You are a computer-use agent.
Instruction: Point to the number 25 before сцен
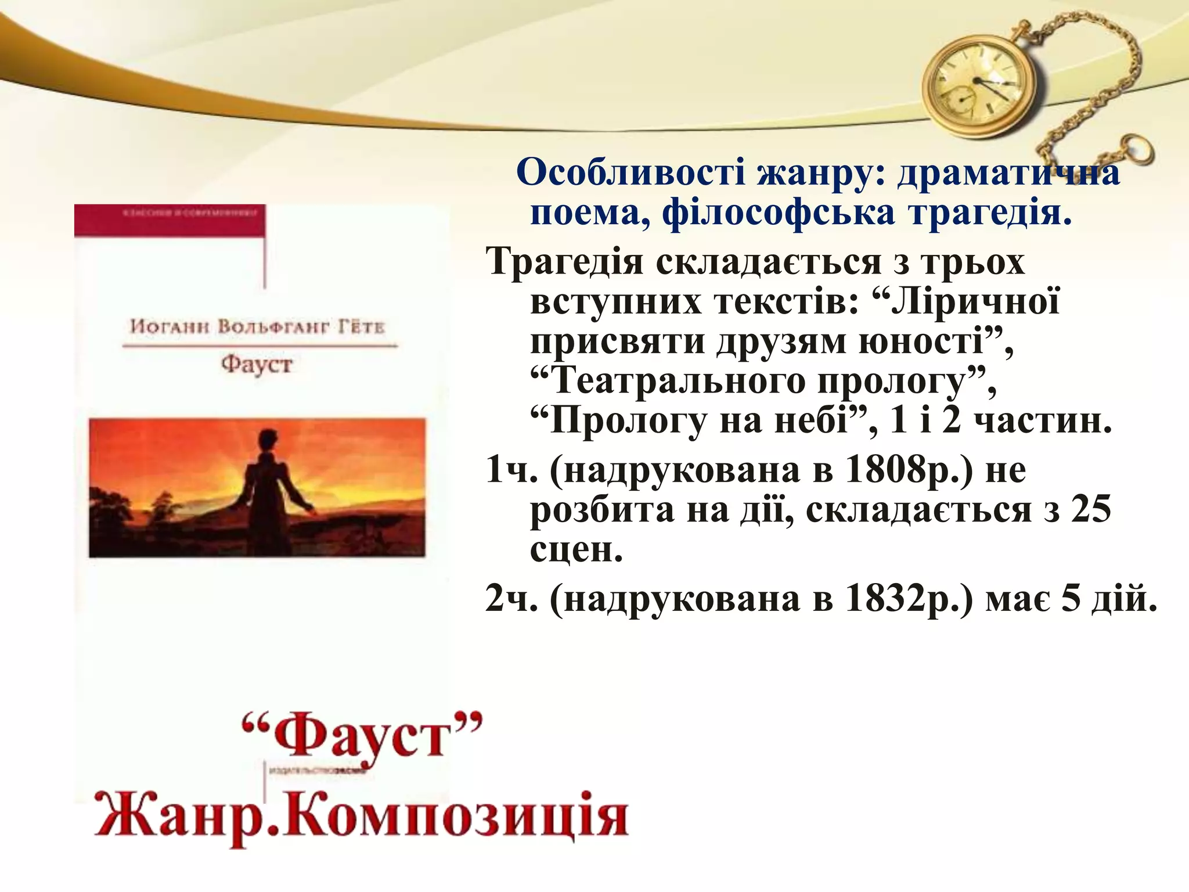(1091, 509)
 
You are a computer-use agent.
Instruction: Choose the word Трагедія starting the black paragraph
(564, 261)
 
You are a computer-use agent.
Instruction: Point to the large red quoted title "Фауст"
(362, 738)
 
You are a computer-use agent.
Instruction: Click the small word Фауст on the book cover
(256, 365)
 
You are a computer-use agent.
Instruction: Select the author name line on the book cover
(257, 327)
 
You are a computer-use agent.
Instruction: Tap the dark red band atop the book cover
(170, 220)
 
